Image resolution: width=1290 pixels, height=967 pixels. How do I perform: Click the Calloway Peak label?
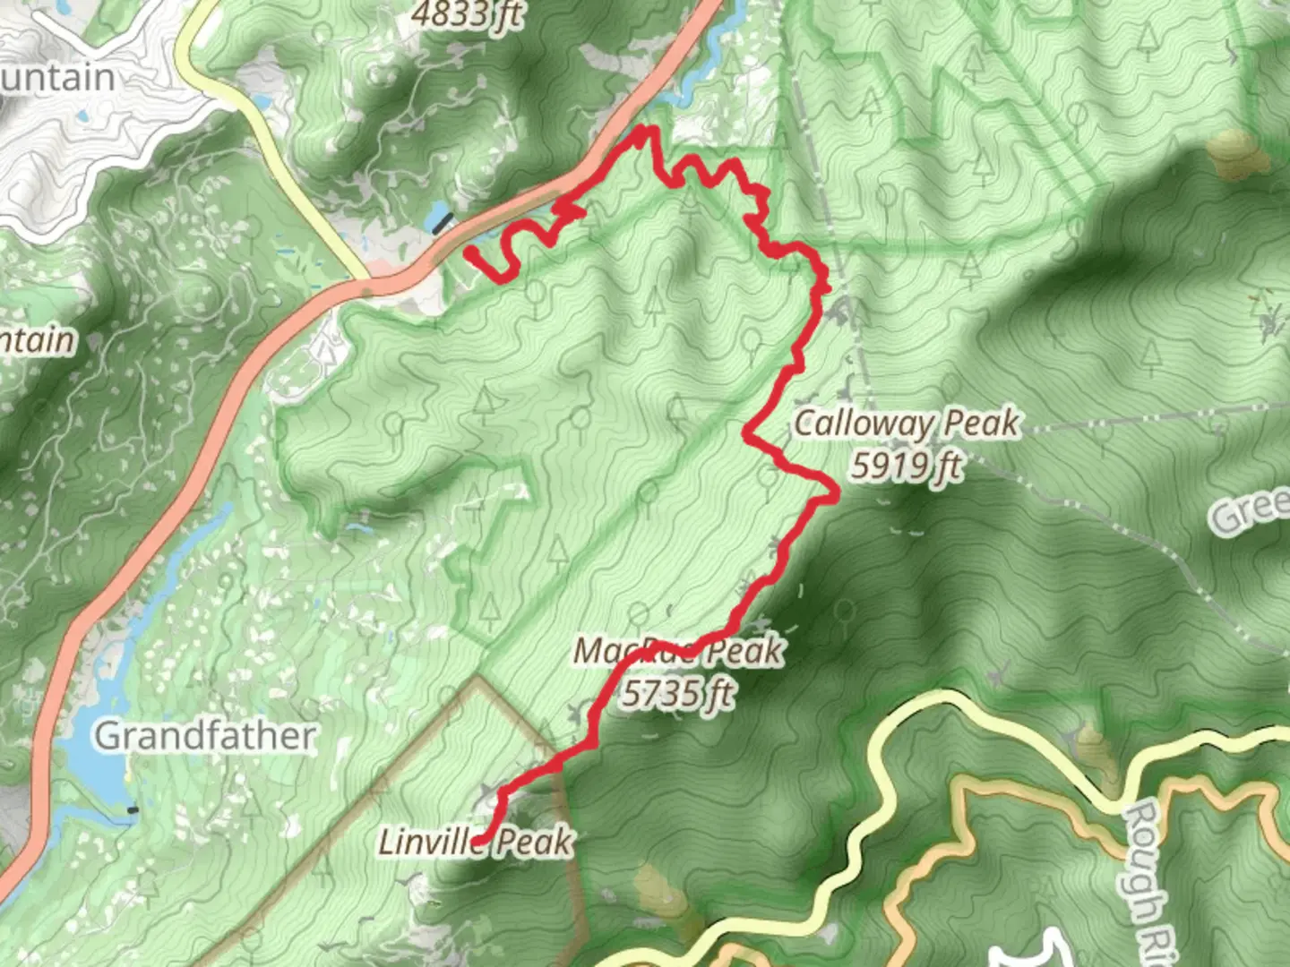pyautogui.click(x=906, y=423)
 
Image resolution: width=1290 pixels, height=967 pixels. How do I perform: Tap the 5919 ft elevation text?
pyautogui.click(x=906, y=466)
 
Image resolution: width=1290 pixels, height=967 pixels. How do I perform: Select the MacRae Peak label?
pyautogui.click(x=678, y=652)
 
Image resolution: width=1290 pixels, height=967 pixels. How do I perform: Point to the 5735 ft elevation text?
pyautogui.click(x=678, y=694)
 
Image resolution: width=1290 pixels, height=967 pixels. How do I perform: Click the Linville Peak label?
pyautogui.click(x=475, y=842)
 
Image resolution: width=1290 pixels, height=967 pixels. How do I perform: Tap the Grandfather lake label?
pyautogui.click(x=205, y=736)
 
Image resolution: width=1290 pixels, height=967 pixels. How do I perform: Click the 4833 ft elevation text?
pyautogui.click(x=467, y=14)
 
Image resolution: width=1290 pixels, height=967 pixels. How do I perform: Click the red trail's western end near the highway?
pyautogui.click(x=469, y=254)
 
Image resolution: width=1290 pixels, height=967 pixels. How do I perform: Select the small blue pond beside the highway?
pyautogui.click(x=438, y=215)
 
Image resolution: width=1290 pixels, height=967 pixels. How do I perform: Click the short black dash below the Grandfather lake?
pyautogui.click(x=133, y=811)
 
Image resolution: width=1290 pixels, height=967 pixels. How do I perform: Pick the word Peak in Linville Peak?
pyautogui.click(x=535, y=842)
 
